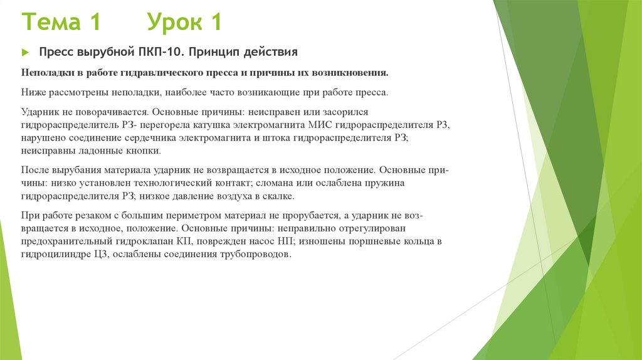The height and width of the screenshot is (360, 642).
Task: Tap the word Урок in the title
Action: (x=176, y=23)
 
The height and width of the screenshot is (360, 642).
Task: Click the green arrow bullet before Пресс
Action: (x=26, y=51)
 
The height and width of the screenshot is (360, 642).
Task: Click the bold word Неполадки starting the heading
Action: (x=46, y=73)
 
